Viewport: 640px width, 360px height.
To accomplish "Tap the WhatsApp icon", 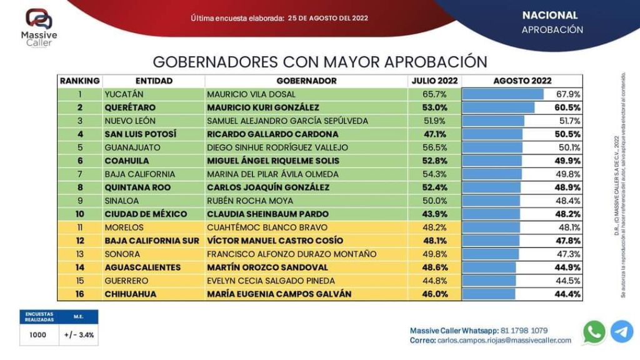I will coord(594,332).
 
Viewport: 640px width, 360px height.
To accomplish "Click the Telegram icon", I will coord(622,332).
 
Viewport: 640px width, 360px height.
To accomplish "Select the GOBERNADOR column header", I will coord(306,81).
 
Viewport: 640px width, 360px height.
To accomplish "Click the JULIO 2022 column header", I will coord(434,81).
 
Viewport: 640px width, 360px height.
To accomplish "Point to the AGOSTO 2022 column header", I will coord(522,81).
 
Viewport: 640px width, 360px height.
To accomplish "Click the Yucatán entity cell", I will coord(120,94).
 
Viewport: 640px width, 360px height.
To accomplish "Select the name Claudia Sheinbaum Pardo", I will coord(267,214).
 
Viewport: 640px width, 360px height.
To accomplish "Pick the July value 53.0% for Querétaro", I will coord(434,107).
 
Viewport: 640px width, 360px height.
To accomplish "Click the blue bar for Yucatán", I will coord(502,94).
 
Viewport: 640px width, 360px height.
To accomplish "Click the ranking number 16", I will coord(80,294).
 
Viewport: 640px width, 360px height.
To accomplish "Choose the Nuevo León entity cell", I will coord(130,121).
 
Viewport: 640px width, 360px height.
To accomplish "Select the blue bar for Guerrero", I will coord(489,281).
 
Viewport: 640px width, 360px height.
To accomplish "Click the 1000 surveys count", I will coord(38,334).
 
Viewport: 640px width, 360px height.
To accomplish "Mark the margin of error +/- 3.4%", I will coord(79,334).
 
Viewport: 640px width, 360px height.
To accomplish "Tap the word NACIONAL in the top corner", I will coord(550,15).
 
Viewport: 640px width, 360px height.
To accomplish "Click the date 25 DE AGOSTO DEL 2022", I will coord(328,18).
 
